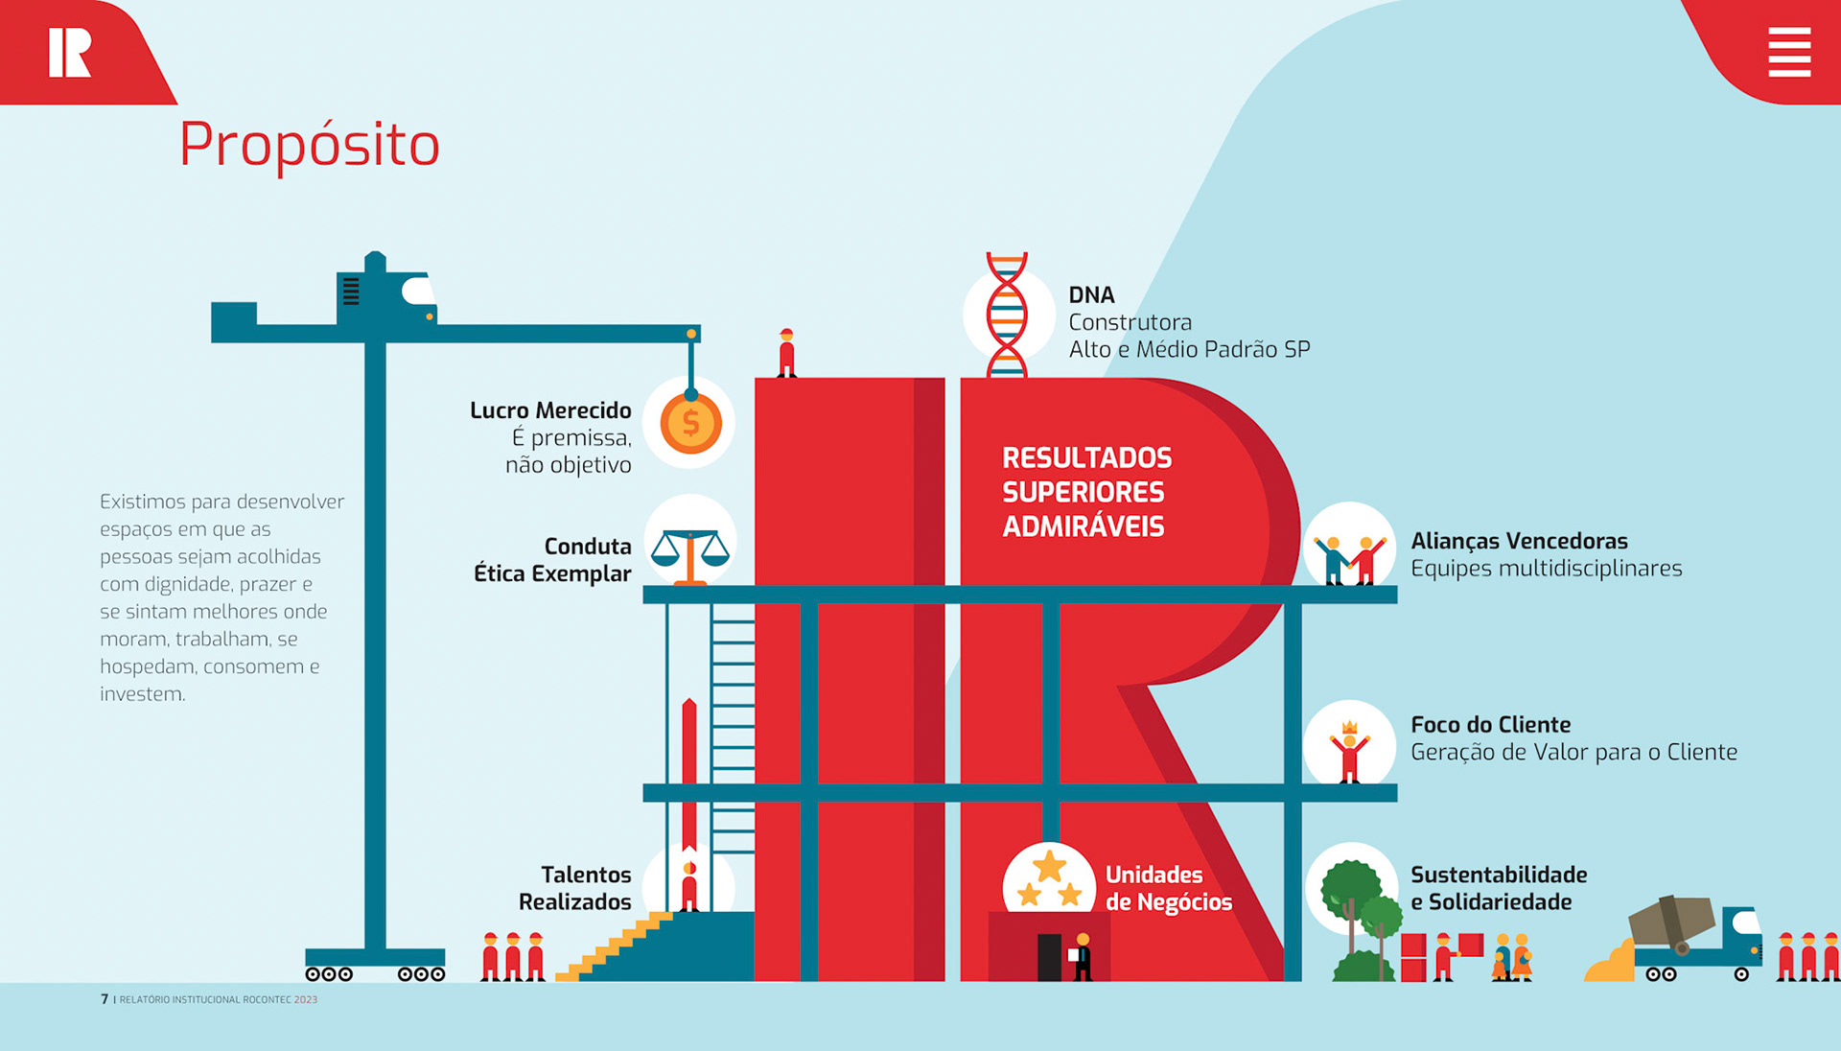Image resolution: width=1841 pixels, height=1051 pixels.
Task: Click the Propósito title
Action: coord(309,145)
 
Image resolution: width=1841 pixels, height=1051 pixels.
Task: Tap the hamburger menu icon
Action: coord(1789,52)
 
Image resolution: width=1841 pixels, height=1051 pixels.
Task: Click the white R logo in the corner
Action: coord(70,52)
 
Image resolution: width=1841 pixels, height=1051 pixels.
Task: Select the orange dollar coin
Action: coord(690,423)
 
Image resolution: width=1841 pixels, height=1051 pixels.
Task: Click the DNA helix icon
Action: coord(1007,315)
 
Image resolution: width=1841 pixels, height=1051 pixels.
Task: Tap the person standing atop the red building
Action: coord(786,353)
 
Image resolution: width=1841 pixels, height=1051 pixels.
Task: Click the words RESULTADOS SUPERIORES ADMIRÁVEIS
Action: coord(1086,492)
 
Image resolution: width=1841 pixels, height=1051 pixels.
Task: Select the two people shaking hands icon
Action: coord(1349,558)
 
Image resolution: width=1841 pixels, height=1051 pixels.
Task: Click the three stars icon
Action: coord(1049,879)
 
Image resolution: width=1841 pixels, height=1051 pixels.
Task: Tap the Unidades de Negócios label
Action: coord(1168,888)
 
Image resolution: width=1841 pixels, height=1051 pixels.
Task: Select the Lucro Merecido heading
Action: coord(550,410)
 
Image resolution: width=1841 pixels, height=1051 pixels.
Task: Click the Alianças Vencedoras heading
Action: coord(1519,541)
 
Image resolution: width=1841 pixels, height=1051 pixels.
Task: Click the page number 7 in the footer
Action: coord(105,999)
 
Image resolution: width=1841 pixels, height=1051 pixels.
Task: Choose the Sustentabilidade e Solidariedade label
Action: coord(1499,888)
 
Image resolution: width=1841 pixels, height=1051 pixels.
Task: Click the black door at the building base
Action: coord(1049,956)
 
